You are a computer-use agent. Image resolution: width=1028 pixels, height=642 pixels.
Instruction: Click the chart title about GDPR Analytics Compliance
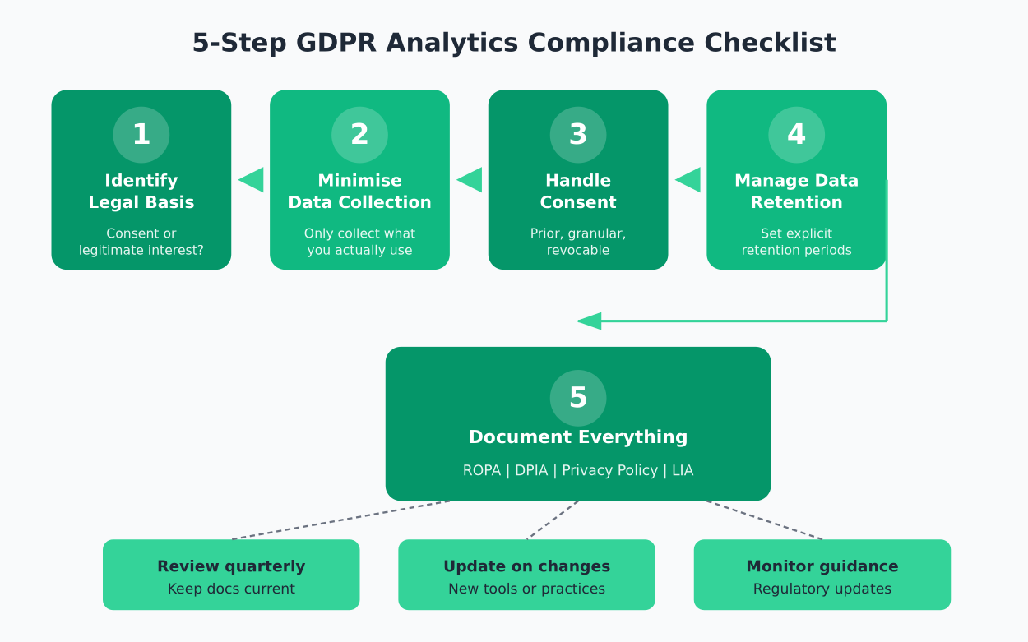coord(514,43)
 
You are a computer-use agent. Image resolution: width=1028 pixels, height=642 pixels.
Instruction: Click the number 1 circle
coord(141,135)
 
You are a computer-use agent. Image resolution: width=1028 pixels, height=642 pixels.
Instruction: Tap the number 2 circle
coord(359,135)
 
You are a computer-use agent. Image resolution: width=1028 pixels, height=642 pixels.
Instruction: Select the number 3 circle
coord(578,135)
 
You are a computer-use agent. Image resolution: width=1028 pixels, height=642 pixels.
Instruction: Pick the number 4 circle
coord(796,135)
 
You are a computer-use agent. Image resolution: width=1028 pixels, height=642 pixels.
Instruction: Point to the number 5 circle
coord(578,398)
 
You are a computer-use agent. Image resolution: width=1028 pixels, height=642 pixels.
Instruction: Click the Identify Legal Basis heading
coord(141,192)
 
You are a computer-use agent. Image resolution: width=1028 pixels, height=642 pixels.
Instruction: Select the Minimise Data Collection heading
coord(359,192)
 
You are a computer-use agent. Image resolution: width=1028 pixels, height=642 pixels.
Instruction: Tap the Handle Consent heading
coord(578,192)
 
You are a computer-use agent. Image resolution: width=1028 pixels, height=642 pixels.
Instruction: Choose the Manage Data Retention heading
coord(796,192)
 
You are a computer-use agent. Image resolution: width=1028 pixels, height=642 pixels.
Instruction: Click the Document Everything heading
coord(578,437)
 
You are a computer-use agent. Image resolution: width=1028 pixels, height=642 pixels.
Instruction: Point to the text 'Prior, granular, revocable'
coord(578,242)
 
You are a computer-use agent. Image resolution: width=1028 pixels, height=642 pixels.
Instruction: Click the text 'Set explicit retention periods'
coord(796,242)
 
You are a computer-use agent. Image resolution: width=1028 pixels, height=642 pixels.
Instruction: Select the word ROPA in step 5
coord(481,471)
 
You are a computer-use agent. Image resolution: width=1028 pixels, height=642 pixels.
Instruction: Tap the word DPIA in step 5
coord(531,471)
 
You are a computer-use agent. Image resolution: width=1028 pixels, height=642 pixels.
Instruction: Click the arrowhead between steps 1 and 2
coord(252,179)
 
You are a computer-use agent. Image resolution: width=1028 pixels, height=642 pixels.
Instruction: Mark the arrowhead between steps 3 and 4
coord(688,179)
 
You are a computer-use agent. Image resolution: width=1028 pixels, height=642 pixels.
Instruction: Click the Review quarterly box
coord(231,575)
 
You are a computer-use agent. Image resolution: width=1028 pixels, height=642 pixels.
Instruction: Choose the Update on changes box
coord(526,575)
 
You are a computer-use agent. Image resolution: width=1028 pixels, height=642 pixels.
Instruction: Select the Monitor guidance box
coord(822,575)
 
